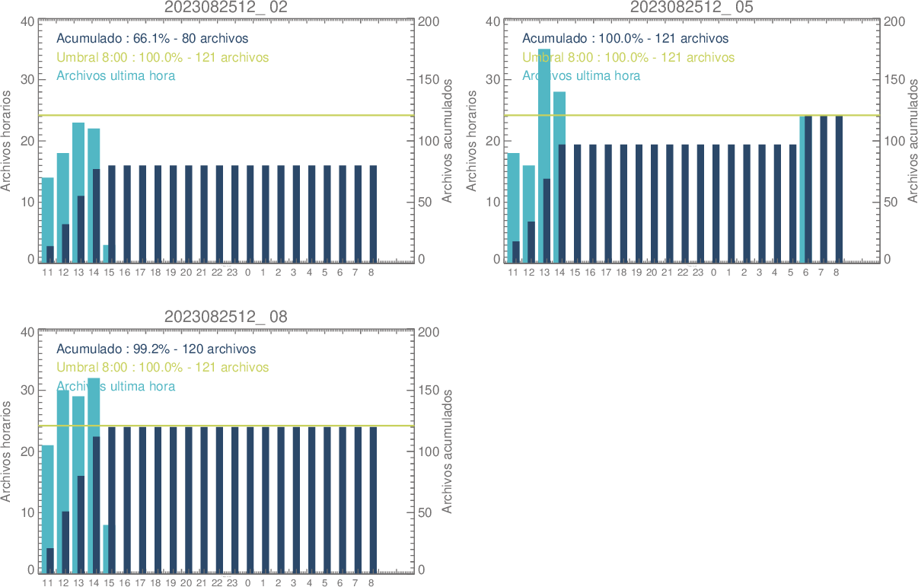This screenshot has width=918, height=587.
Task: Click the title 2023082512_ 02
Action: click(x=226, y=7)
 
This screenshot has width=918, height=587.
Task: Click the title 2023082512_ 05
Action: click(x=692, y=7)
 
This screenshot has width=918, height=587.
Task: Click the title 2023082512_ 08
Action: click(x=226, y=317)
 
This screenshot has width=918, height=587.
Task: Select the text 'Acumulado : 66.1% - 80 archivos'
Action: click(x=152, y=38)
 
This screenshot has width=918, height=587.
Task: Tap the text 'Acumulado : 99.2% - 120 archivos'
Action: click(x=156, y=349)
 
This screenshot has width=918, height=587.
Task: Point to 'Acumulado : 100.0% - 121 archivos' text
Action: click(x=625, y=38)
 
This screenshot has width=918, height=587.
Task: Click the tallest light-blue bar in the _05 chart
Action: click(x=544, y=114)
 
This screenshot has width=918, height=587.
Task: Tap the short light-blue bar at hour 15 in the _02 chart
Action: click(x=105, y=254)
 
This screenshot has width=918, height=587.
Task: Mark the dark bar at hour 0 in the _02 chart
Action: click(x=250, y=214)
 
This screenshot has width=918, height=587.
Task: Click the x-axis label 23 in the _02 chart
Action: click(x=232, y=272)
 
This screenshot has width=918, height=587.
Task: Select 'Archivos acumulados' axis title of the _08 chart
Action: click(x=447, y=451)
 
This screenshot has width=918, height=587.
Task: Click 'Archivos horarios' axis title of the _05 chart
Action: click(x=471, y=140)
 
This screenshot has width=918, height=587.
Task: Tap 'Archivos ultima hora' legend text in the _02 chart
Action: click(x=116, y=75)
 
